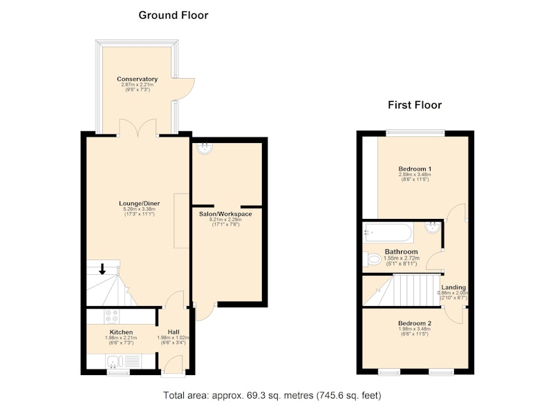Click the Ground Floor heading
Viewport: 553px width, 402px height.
point(174,15)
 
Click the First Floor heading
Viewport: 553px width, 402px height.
point(415,105)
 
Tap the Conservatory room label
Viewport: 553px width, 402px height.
point(137,79)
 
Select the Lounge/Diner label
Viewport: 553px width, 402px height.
point(140,203)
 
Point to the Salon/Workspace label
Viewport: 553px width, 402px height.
point(225,214)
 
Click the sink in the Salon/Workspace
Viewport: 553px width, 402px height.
point(205,149)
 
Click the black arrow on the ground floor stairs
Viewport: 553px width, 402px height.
point(102,269)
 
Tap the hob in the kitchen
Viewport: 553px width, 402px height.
point(112,316)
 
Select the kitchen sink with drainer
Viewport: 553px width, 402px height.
point(123,361)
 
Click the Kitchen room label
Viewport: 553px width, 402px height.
point(122,332)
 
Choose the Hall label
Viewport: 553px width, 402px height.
point(174,332)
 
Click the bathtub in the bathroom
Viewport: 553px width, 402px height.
point(388,233)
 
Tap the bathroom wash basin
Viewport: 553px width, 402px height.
point(433,227)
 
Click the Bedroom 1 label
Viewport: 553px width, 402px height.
point(415,169)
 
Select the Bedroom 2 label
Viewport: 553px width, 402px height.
point(415,323)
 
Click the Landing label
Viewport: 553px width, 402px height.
point(453,287)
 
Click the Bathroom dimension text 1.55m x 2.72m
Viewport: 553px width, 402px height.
point(400,258)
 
